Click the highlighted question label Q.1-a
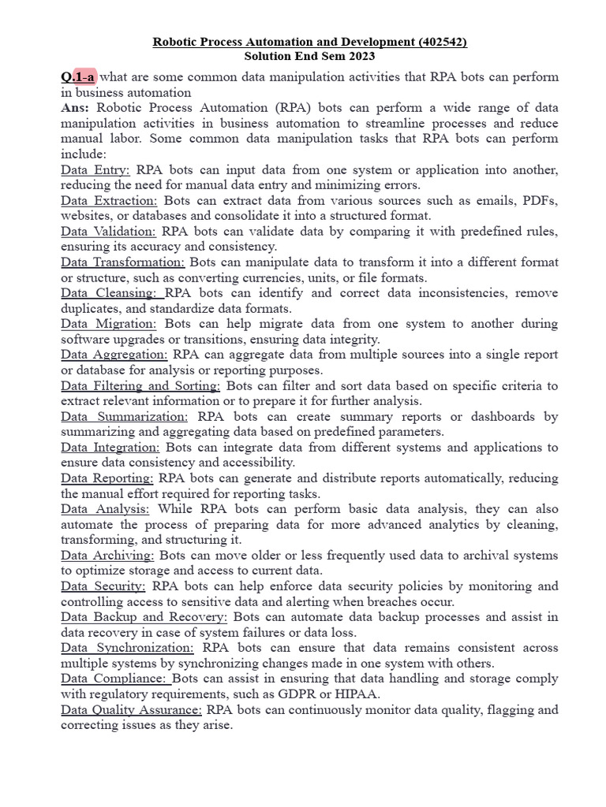point(78,76)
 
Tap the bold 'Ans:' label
point(76,108)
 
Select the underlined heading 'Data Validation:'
point(108,231)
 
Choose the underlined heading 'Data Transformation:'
point(123,262)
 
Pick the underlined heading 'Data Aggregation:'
point(114,355)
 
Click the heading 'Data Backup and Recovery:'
point(144,616)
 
